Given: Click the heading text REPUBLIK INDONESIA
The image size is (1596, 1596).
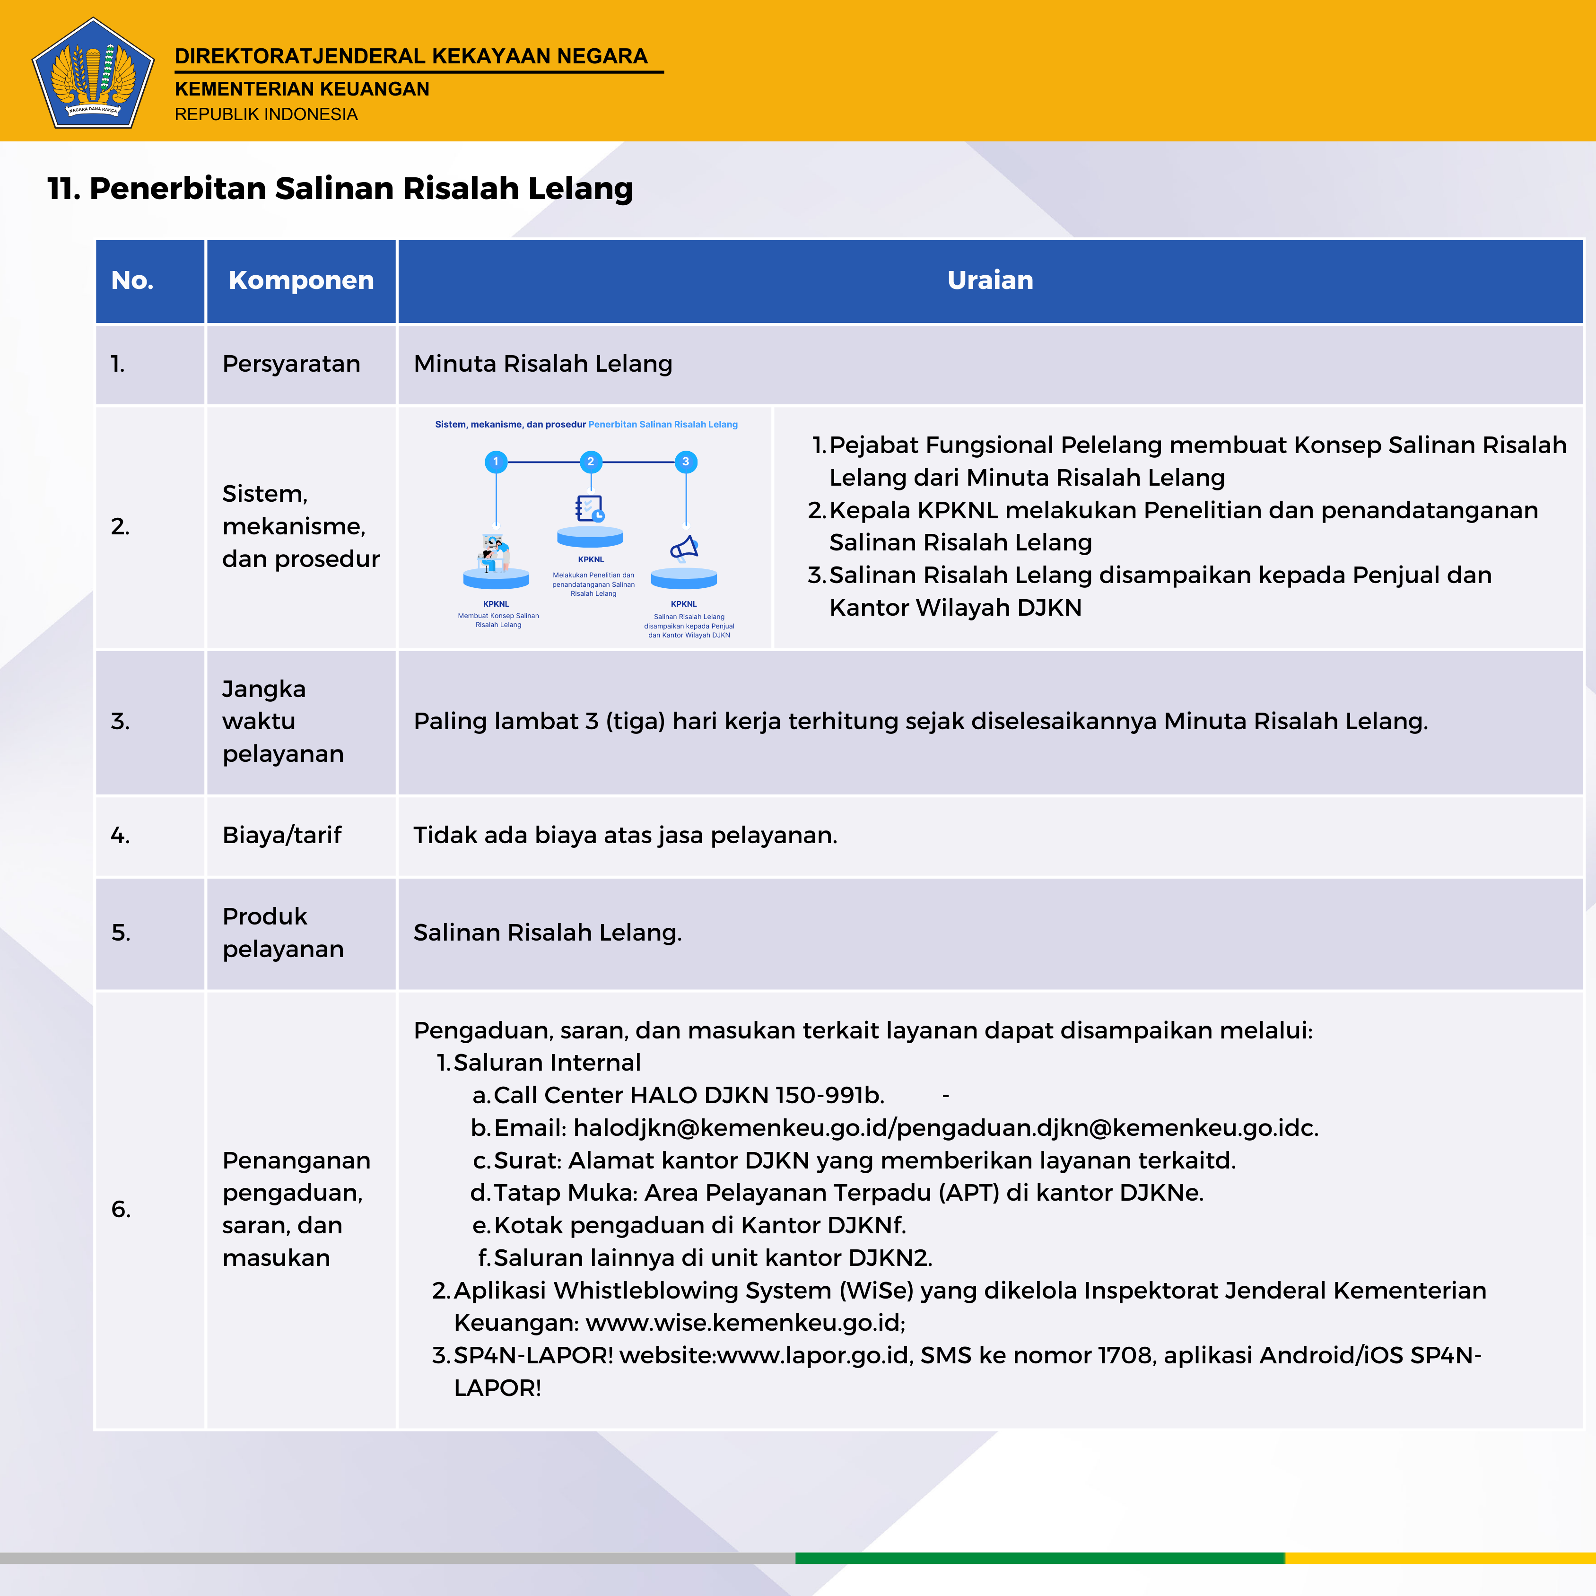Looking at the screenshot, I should [x=265, y=114].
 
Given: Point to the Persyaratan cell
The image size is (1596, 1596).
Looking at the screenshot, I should [x=291, y=364].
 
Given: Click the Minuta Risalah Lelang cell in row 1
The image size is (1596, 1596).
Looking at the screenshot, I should [x=543, y=364].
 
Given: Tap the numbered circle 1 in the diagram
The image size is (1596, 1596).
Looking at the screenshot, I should [x=496, y=462].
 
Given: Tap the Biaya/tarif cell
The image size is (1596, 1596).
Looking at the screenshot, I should [x=282, y=835].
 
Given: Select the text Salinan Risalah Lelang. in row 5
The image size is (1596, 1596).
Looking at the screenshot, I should [x=547, y=933].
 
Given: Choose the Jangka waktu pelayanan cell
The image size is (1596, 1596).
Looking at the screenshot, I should [x=282, y=721].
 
